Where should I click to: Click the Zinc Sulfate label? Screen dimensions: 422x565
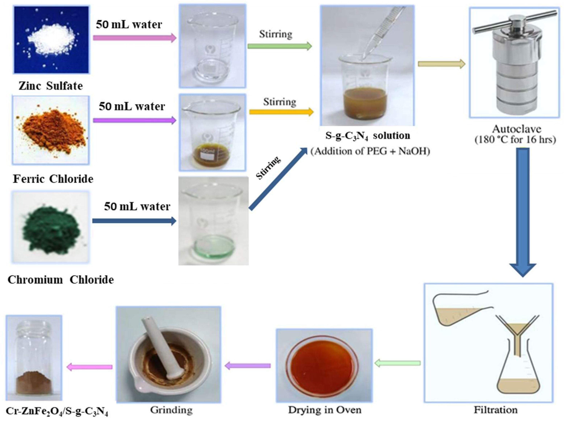pyautogui.click(x=51, y=86)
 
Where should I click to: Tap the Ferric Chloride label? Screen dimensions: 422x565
pyautogui.click(x=53, y=179)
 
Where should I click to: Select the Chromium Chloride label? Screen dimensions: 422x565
pyautogui.click(x=61, y=280)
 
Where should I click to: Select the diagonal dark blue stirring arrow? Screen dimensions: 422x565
pyautogui.click(x=278, y=179)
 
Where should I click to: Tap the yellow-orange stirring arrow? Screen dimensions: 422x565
pyautogui.click(x=281, y=112)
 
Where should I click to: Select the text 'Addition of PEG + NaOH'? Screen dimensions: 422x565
pyautogui.click(x=370, y=151)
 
